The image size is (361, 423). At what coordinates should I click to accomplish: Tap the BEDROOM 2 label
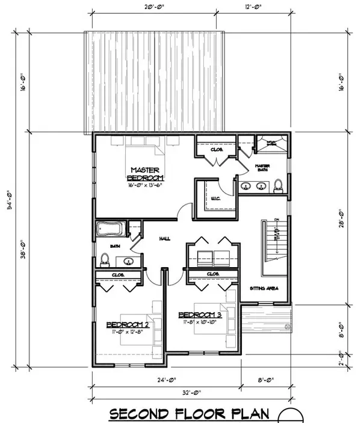click(128, 326)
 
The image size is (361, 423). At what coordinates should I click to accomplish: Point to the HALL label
click(164, 239)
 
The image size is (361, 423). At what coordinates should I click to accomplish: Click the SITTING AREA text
click(264, 289)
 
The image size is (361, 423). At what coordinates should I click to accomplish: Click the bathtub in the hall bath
click(109, 230)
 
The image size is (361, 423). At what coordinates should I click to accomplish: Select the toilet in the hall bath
click(104, 259)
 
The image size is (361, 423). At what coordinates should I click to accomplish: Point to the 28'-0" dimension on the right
click(341, 217)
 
